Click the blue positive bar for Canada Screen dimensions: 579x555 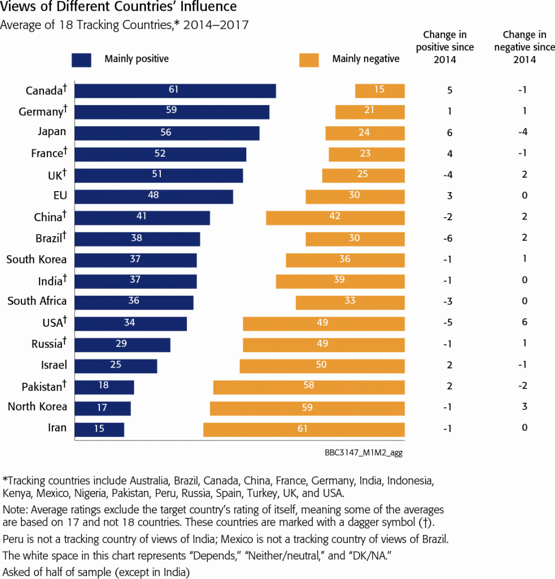pos(175,91)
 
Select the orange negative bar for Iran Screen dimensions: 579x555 pos(304,429)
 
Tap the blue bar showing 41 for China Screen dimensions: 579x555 pos(142,218)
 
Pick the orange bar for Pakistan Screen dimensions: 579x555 pos(309,387)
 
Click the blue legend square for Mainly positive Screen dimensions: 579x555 pos(81,60)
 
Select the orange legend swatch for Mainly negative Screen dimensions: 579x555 pos(309,60)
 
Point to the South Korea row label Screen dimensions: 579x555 pos(37,260)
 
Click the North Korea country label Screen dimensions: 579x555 pos(37,407)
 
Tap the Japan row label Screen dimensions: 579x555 pos(52,132)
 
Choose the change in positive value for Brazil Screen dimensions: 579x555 pos(449,238)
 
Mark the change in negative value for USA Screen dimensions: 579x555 pos(525,322)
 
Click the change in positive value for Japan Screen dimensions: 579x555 pos(449,133)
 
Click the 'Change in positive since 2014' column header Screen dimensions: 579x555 pos(445,47)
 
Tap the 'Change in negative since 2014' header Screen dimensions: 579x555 pos(525,47)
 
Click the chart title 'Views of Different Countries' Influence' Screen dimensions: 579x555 pos(119,8)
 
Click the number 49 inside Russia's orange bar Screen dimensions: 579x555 pos(324,343)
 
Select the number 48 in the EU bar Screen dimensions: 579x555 pos(153,195)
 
